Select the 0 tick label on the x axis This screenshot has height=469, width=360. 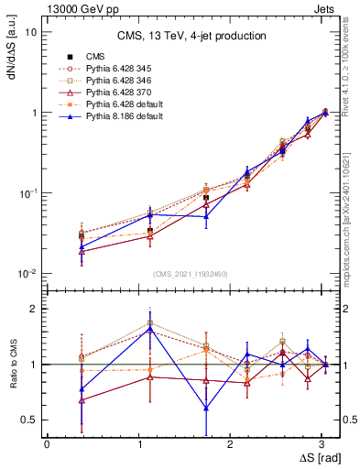pos(47,443)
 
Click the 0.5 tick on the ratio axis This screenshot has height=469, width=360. pos(29,420)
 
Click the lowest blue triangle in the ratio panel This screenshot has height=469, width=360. pos(206,409)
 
